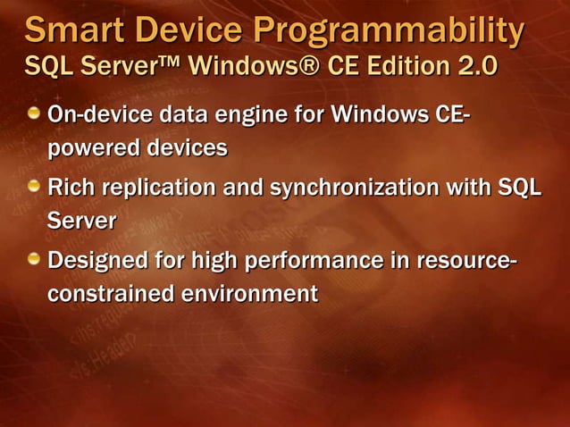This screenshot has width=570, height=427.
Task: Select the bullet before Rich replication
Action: (x=33, y=187)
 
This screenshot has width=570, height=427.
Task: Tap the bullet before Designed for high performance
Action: (x=33, y=260)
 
